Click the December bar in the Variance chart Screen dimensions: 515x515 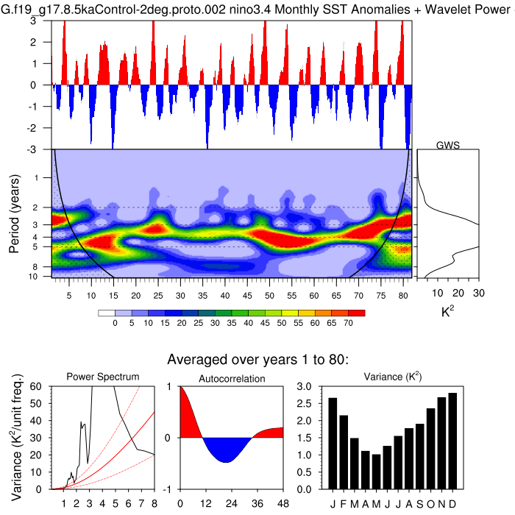[452, 441]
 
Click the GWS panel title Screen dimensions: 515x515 [448, 145]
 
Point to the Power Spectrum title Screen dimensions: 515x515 [103, 377]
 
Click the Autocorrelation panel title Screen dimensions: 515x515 [231, 378]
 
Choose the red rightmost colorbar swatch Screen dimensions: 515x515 [358, 313]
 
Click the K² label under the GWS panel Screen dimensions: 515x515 [447, 313]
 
